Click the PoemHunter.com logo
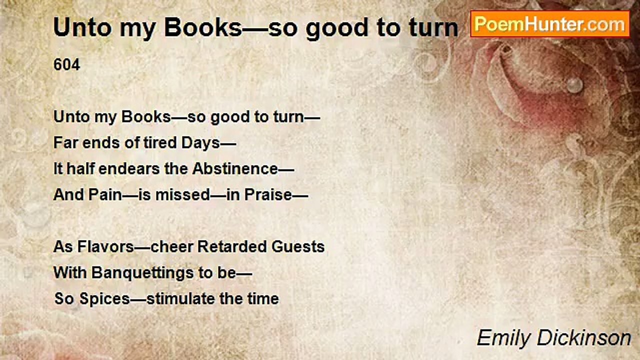549,23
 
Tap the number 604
66,65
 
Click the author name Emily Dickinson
553,338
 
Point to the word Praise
267,195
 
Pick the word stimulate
179,299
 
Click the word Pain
105,195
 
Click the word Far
64,143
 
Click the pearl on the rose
574,84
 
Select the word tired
159,143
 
